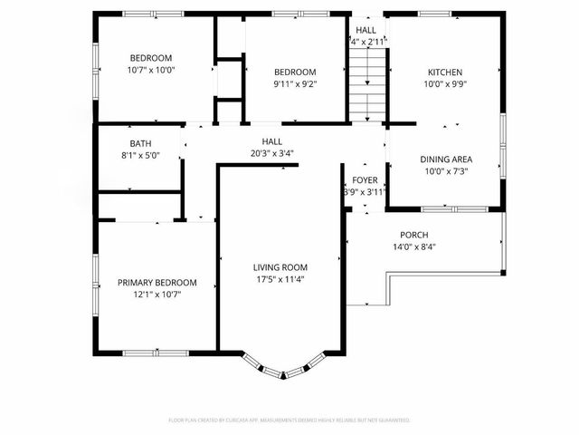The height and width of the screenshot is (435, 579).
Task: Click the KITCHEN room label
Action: (445, 72)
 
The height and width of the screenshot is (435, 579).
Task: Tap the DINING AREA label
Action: (446, 159)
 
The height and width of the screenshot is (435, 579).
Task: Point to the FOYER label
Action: (365, 180)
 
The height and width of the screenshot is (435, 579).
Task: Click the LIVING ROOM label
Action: (280, 267)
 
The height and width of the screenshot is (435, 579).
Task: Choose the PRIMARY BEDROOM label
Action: (157, 283)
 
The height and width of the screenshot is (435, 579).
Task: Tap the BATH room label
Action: (140, 143)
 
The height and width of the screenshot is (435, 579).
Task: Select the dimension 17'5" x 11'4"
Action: (280, 279)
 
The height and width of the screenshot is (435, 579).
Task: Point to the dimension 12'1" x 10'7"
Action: (157, 294)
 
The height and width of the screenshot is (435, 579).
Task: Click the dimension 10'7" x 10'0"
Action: (150, 70)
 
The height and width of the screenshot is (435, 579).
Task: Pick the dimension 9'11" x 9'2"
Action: (296, 84)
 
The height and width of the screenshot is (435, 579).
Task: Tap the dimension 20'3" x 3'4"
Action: (271, 153)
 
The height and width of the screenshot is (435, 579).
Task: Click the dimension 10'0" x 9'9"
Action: (445, 84)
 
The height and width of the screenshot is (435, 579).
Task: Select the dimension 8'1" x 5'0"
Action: (140, 154)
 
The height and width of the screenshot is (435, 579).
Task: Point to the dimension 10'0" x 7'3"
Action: (446, 171)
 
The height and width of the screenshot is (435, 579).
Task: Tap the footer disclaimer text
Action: (289, 420)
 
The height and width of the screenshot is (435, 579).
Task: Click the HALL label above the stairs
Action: (367, 30)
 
